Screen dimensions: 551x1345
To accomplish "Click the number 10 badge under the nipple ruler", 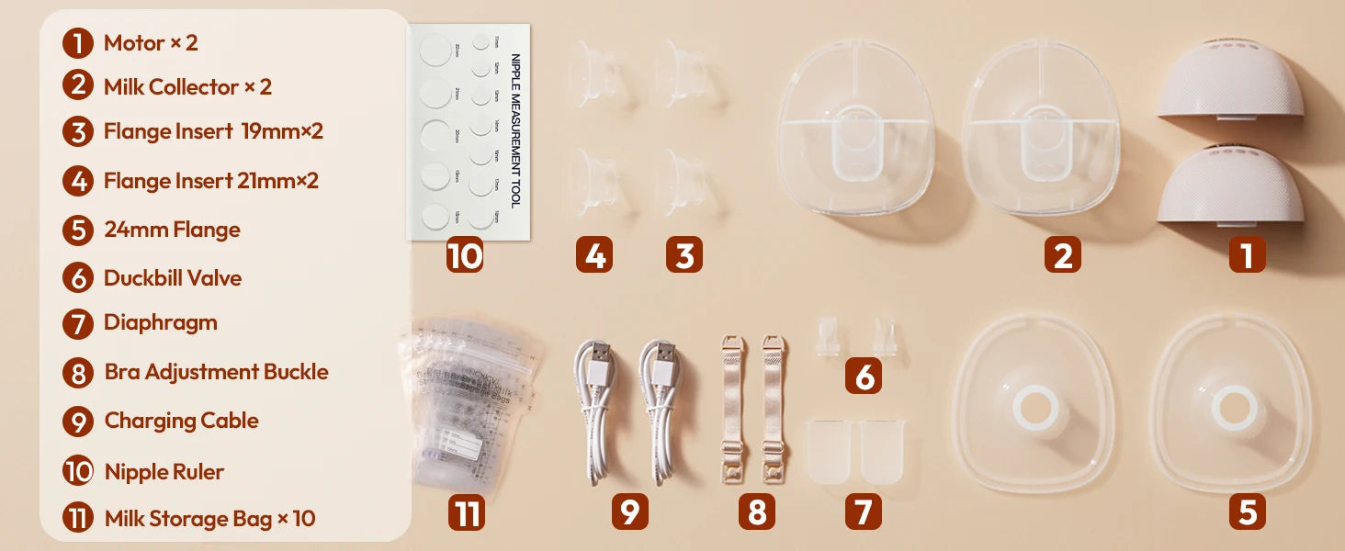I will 465,254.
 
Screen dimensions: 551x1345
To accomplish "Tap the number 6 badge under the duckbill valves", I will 863,376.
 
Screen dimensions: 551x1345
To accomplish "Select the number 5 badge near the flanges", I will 1247,512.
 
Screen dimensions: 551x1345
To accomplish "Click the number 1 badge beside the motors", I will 1247,254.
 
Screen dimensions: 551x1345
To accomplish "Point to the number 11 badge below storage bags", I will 467,512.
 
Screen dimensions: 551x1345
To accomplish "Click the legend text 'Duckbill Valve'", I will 173,278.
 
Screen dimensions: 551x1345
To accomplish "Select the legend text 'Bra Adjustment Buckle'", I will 216,372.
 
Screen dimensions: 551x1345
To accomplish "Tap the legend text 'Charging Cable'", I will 181,421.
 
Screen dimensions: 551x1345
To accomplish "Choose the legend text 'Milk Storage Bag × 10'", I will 209,519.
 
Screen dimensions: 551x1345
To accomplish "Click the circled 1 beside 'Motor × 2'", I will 78,43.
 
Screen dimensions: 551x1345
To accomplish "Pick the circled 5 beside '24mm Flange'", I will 78,230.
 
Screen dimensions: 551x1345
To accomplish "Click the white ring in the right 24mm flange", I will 1233,410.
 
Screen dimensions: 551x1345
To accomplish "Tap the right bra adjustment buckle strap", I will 774,409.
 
